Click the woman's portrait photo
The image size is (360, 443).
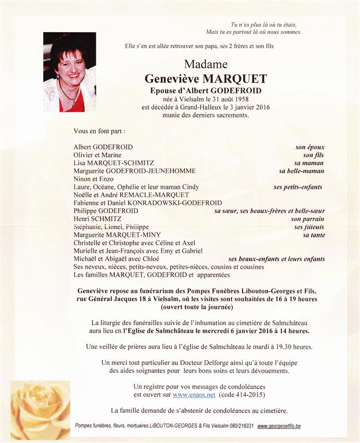click(69, 72)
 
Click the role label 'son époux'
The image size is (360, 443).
click(309, 147)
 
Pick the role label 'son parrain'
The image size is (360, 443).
click(307, 219)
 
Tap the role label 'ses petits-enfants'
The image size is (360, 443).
click(297, 187)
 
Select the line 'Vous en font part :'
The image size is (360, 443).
click(100, 131)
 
